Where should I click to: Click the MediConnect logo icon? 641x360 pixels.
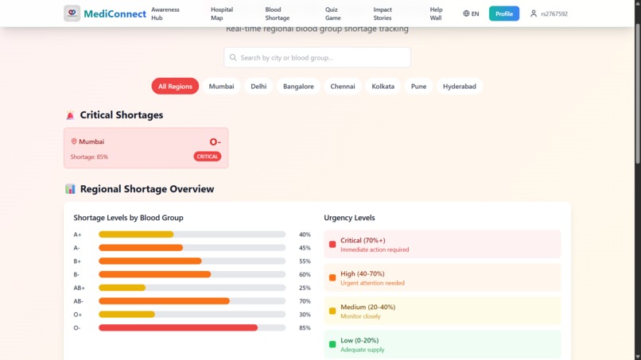coord(72,14)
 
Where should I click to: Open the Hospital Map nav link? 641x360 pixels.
coord(222,14)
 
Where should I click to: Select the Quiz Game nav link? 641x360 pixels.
coord(332,14)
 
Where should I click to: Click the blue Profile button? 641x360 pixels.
coord(503,14)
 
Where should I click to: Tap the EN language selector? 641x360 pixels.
coord(471,14)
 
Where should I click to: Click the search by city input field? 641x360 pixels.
coord(317,57)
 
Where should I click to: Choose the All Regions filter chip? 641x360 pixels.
coord(175,86)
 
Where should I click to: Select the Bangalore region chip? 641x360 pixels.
coord(298,86)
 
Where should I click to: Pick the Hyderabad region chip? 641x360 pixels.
coord(459,86)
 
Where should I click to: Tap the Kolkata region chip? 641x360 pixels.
coord(383,86)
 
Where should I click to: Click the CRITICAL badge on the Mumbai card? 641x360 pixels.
coord(208,157)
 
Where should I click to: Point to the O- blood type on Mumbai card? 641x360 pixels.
coord(215,142)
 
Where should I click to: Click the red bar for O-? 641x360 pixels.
coord(178,327)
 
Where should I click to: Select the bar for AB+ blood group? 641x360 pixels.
coord(122,288)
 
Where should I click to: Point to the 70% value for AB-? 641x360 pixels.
coord(305,301)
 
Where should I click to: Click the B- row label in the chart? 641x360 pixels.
coord(77,274)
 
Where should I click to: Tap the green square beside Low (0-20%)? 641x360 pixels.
coord(332,344)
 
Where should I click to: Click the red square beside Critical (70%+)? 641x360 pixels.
coord(332,244)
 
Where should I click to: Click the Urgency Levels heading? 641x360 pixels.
coord(349,218)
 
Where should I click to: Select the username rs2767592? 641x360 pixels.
coord(554,14)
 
